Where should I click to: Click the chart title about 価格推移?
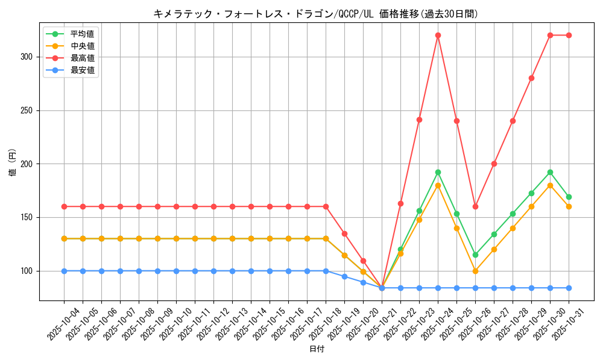316,14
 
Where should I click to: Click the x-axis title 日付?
316,349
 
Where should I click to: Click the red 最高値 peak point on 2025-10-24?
438,35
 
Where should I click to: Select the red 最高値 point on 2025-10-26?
475,206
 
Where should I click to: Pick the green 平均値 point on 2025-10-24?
438,172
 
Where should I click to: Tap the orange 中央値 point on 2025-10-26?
475,271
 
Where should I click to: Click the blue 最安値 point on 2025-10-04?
64,271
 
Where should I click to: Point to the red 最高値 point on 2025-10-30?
550,35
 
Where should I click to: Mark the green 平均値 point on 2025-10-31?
569,197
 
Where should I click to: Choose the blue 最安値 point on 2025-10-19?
344,276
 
